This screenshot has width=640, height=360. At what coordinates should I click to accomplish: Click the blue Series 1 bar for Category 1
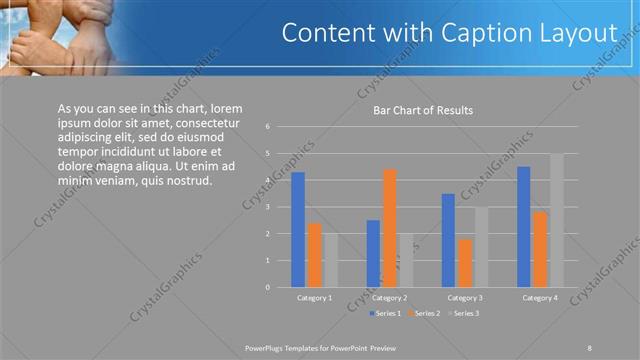pos(297,230)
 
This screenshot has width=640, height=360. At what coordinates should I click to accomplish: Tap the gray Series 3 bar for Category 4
pos(556,220)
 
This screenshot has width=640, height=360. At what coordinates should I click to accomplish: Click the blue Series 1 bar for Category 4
pos(524,227)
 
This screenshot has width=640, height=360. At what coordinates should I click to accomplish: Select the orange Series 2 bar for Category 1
pos(314,255)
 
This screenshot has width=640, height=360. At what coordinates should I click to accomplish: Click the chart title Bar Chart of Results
pos(423,110)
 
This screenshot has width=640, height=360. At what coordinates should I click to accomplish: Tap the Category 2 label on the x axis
pos(389,298)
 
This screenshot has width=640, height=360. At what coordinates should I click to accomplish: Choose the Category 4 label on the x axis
pos(540,298)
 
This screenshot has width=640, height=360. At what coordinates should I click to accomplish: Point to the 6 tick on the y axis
pos(268,127)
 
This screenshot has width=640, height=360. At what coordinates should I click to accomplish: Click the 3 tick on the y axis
pos(268,207)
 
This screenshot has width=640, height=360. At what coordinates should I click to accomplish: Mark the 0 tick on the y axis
pos(268,287)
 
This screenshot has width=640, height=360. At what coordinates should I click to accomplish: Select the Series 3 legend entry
pos(465,313)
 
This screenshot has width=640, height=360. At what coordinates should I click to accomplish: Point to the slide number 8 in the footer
pos(589,346)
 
